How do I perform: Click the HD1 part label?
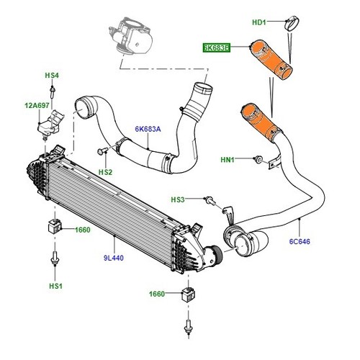[x=259, y=23]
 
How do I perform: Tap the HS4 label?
[x=52, y=75]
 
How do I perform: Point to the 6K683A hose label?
[x=147, y=129]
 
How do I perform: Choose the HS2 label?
[x=106, y=172]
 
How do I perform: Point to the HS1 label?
[x=55, y=286]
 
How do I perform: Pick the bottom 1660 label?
[x=156, y=294]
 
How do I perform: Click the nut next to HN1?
[x=257, y=158]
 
